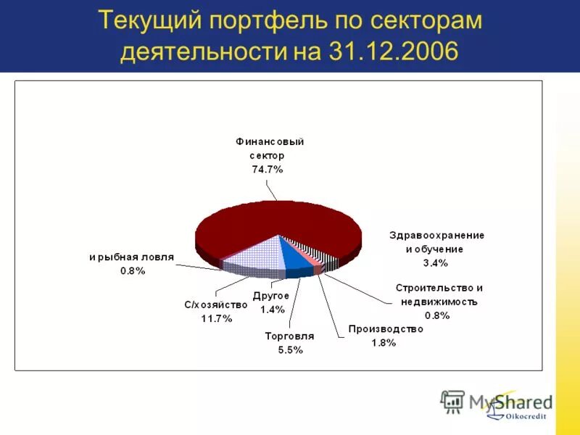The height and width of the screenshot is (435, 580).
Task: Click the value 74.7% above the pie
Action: click(x=268, y=169)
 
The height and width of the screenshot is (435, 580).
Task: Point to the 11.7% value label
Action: click(x=217, y=319)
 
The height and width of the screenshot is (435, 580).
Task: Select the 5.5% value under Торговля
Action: click(x=289, y=349)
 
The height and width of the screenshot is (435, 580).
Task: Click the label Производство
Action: click(x=385, y=329)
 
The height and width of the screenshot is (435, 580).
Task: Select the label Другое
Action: click(x=271, y=296)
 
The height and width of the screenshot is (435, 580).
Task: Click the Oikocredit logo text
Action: click(x=527, y=416)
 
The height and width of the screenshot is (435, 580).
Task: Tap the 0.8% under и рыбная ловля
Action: click(x=133, y=270)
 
